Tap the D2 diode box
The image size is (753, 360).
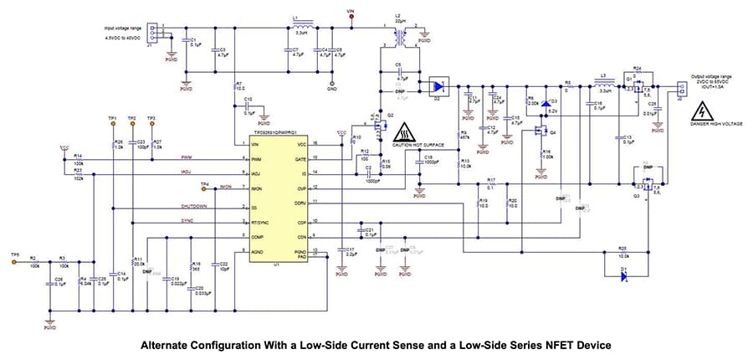point(437,85)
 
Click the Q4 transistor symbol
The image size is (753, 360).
point(540,131)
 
